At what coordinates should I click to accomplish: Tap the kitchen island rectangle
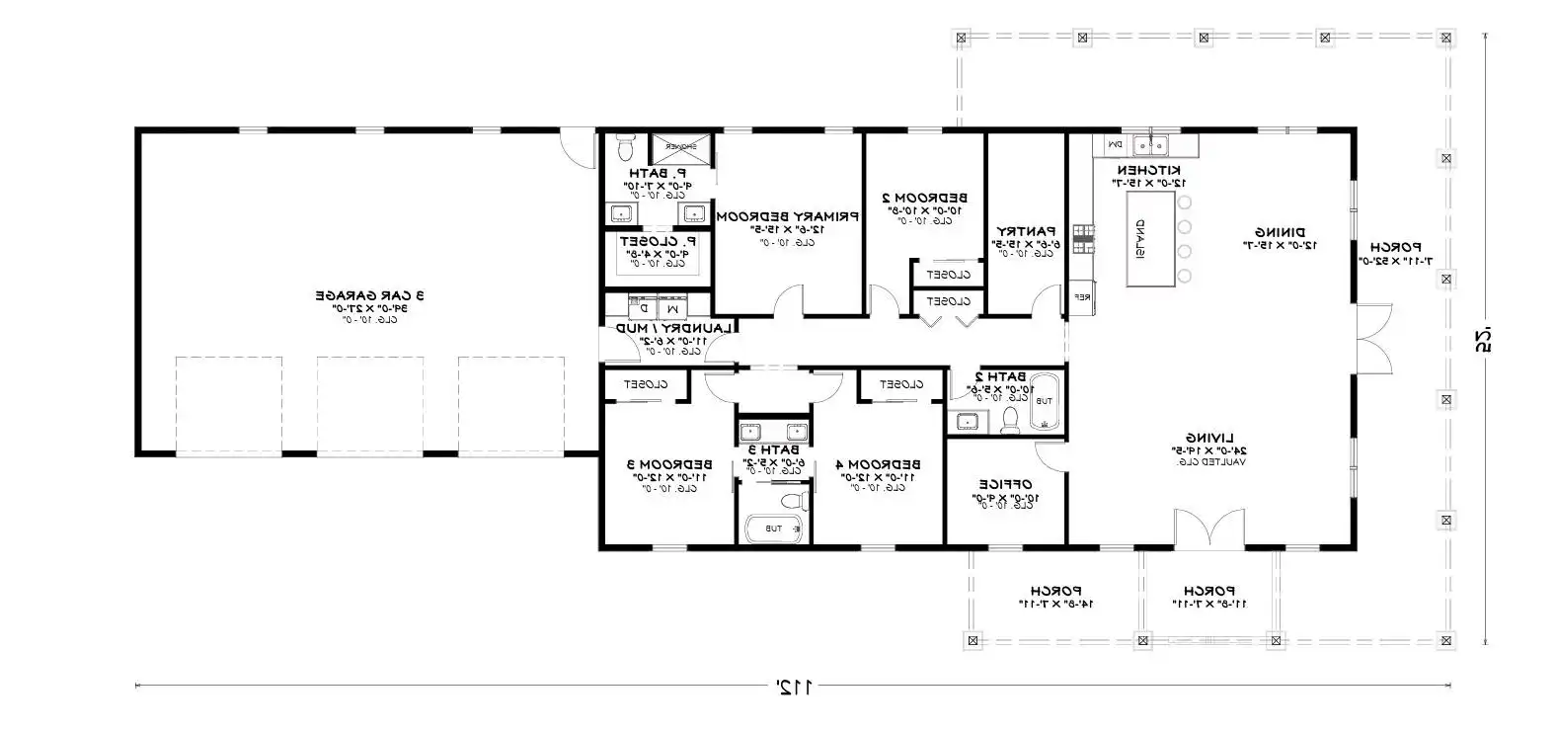point(1153,239)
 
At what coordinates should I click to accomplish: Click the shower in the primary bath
point(679,148)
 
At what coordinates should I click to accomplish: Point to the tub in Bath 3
point(773,529)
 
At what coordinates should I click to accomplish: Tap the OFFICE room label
point(1006,484)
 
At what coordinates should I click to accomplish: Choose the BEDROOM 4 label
point(878,464)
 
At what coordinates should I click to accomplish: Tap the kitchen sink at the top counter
point(1150,146)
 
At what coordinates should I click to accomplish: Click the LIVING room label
point(1206,438)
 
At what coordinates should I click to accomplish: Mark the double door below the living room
point(1209,531)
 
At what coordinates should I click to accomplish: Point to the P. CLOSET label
point(658,240)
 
